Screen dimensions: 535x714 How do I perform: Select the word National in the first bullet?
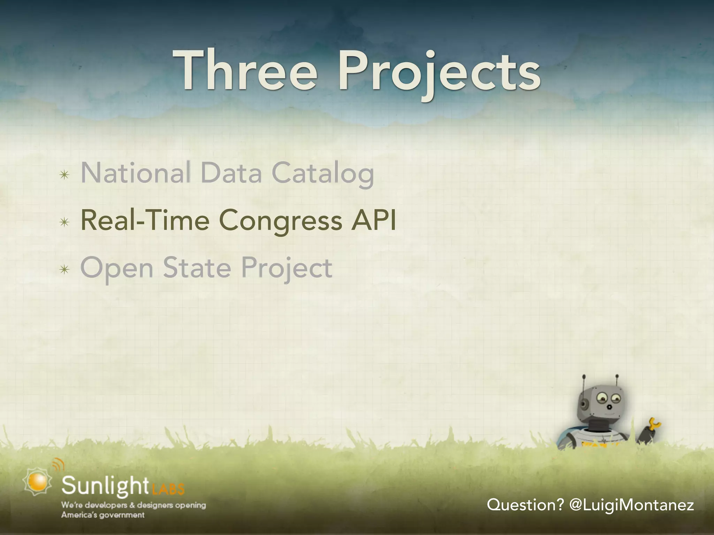tap(136, 173)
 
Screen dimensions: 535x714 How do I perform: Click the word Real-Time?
tap(145, 221)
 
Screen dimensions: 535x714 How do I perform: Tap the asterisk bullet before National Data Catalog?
tap(64, 175)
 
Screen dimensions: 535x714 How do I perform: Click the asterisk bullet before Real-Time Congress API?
tap(64, 222)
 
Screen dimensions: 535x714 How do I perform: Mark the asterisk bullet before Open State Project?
tap(64, 269)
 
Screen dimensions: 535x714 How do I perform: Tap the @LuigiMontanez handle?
tap(631, 505)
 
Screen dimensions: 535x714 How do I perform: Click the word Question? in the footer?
tap(525, 505)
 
